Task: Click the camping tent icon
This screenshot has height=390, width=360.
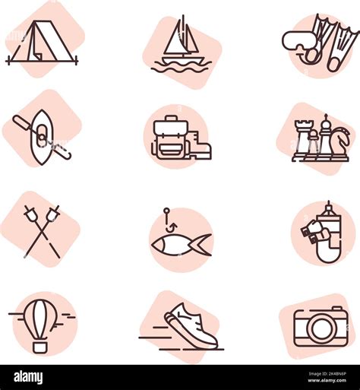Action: click(x=42, y=43)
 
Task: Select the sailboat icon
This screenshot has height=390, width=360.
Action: click(x=182, y=47)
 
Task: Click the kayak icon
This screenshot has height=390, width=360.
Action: click(x=43, y=138)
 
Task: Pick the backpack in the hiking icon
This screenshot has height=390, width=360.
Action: click(x=169, y=138)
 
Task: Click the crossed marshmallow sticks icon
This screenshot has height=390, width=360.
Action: click(x=42, y=230)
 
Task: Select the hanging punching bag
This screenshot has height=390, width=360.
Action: click(x=328, y=232)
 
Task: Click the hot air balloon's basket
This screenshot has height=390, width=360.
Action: click(x=40, y=346)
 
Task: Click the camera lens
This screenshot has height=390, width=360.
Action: click(x=320, y=329)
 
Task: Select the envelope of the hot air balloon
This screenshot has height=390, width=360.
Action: click(x=40, y=315)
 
